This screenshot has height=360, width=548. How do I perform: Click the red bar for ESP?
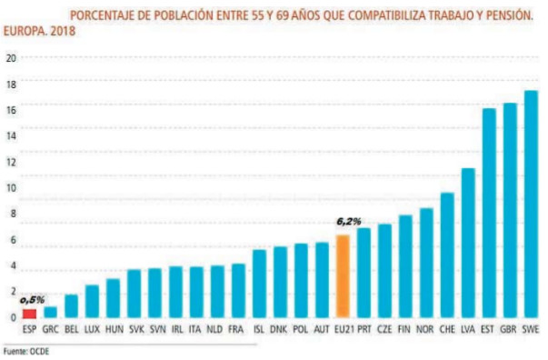click(30, 314)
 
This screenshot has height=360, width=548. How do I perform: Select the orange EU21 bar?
click(343, 276)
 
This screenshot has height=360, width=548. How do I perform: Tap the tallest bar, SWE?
click(531, 204)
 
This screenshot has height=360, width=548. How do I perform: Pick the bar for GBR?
click(510, 210)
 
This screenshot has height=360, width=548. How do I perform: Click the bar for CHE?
click(447, 255)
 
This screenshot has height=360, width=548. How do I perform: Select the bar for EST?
click(489, 213)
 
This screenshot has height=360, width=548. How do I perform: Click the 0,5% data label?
click(32, 299)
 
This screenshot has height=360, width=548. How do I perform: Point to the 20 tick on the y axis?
click(11, 57)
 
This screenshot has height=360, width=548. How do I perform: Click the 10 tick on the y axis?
click(11, 188)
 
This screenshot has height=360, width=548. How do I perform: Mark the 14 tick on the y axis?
click(11, 135)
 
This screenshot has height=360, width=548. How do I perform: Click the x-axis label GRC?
click(51, 330)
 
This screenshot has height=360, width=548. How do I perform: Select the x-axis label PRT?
click(364, 330)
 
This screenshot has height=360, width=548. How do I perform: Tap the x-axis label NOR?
click(426, 330)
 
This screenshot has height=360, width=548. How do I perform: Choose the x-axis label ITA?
click(196, 330)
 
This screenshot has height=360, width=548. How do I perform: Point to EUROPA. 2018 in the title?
click(37, 31)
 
